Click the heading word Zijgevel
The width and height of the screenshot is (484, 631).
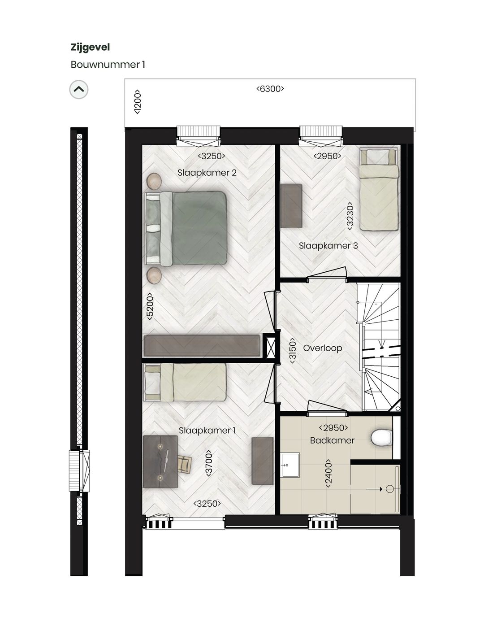[x=90, y=47]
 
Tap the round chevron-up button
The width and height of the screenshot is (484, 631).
[x=79, y=90]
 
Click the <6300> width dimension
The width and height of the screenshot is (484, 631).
[x=270, y=89]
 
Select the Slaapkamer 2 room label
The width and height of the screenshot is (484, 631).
[x=207, y=173]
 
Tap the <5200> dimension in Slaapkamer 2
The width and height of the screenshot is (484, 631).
[x=150, y=306]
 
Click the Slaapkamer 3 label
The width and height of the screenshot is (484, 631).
[x=328, y=246]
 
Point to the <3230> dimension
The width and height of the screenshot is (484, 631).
[x=350, y=216]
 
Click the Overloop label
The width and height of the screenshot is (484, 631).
[x=322, y=348]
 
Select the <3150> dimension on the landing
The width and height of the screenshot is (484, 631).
[x=292, y=350]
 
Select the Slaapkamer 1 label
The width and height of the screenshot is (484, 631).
[x=207, y=431]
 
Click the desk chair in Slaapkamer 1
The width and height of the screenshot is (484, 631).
[x=184, y=463]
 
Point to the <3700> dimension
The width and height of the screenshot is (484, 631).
[x=208, y=463]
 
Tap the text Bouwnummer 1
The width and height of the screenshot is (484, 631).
[x=108, y=65]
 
